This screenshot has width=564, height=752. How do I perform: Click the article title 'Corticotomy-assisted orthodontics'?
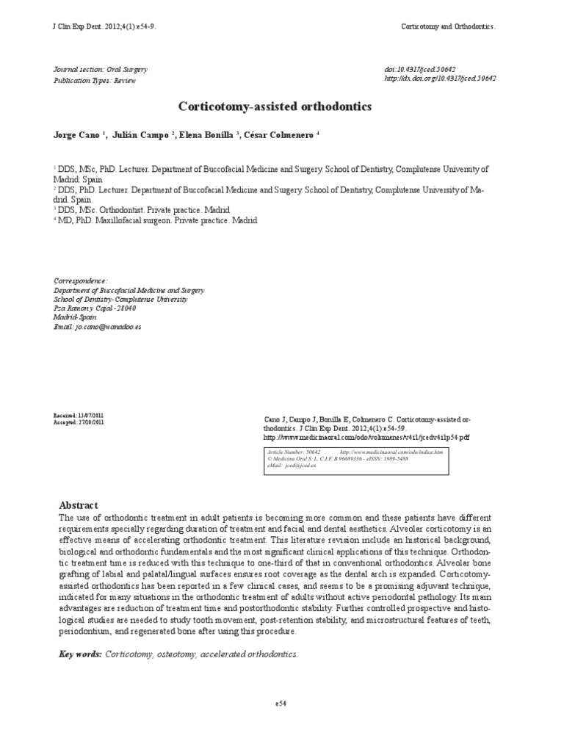tap(275, 106)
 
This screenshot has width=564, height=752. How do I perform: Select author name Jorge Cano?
tap(79, 135)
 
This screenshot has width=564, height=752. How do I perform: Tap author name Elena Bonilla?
tap(206, 135)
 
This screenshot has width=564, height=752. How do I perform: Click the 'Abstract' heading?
tap(78, 505)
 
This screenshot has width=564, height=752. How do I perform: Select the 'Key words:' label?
tap(80, 653)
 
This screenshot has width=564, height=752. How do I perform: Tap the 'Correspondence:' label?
tap(81, 281)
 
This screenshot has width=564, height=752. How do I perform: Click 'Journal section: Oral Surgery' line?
tap(101, 70)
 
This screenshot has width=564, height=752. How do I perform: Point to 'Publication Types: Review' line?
tap(95, 81)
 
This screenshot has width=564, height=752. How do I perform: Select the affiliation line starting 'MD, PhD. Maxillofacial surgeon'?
tap(157, 220)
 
